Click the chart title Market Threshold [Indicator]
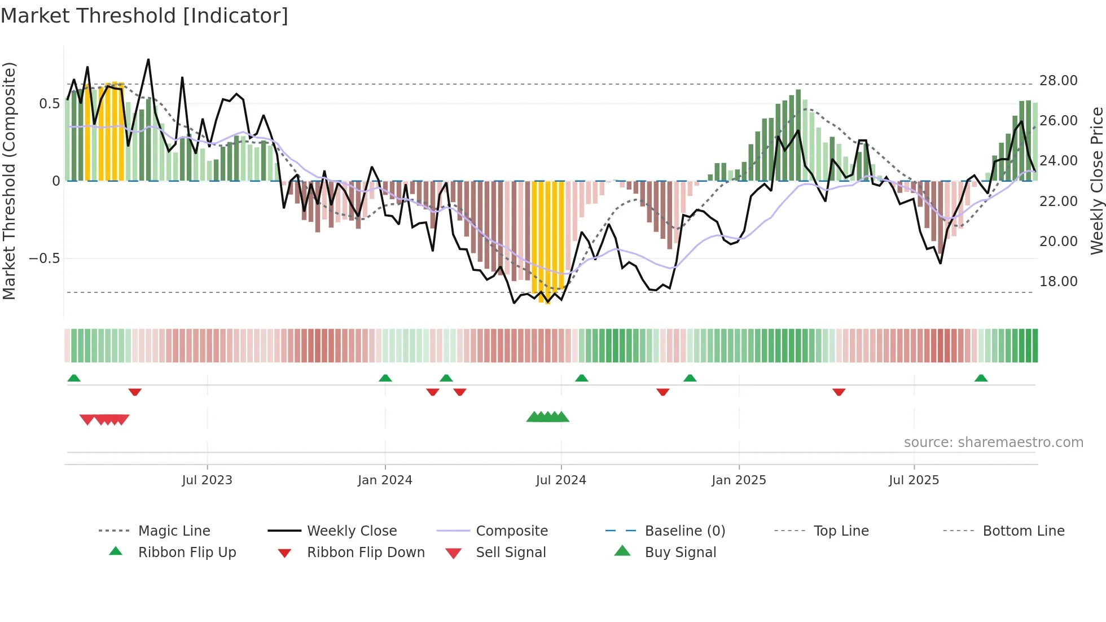(x=144, y=16)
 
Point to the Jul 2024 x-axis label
(x=561, y=480)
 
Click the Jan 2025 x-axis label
(x=739, y=480)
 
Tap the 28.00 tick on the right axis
(x=1058, y=81)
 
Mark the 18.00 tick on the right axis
(x=1058, y=282)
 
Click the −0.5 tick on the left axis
(x=44, y=259)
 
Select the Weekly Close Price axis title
(x=1096, y=181)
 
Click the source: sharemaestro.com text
(x=993, y=443)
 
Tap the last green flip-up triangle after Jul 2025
(x=981, y=378)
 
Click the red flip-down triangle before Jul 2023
(x=135, y=392)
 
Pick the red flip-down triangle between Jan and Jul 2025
(x=839, y=392)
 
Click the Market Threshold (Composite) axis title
(x=10, y=181)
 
